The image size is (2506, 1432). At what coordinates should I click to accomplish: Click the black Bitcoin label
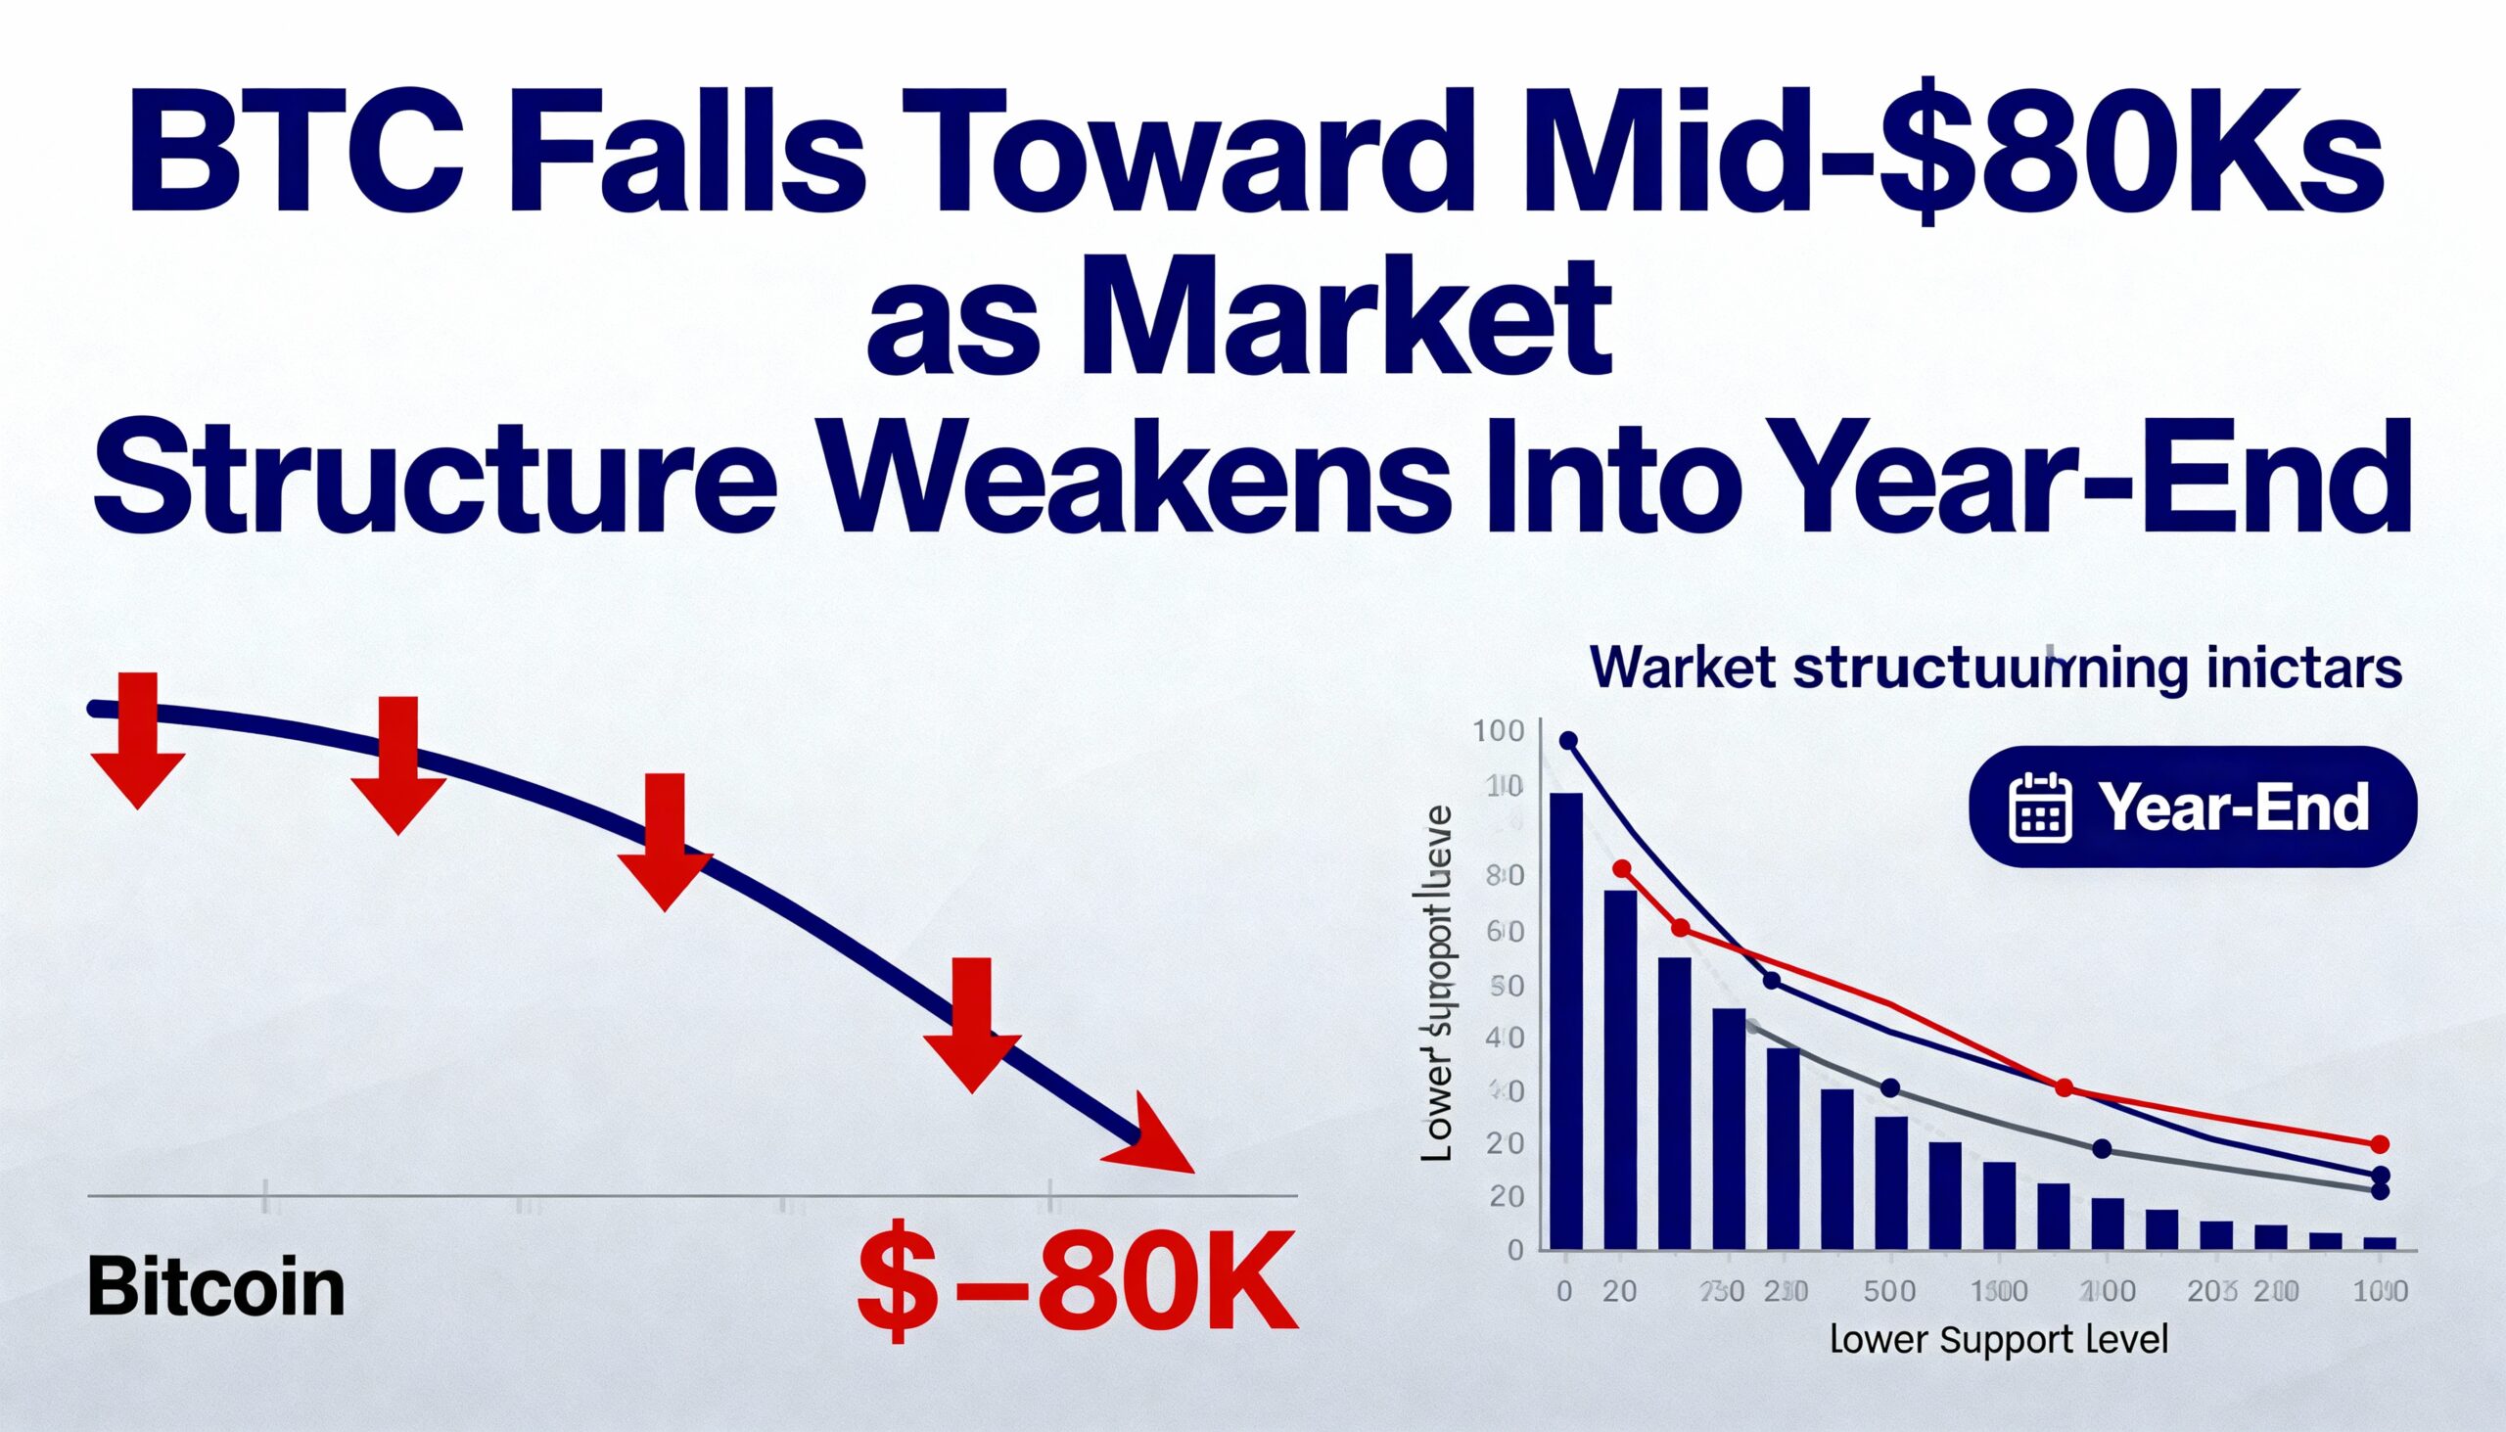click(x=216, y=1288)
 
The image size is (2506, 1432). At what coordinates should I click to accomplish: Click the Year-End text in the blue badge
click(x=2233, y=808)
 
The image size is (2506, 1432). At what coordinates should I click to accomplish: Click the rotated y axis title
click(x=1438, y=984)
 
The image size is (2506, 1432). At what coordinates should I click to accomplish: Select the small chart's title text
click(x=1996, y=670)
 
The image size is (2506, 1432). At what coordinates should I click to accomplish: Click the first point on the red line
click(x=1622, y=868)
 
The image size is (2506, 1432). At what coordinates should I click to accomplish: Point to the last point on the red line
click(x=2380, y=1144)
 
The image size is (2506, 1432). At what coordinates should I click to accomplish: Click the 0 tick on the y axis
click(x=1515, y=1250)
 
